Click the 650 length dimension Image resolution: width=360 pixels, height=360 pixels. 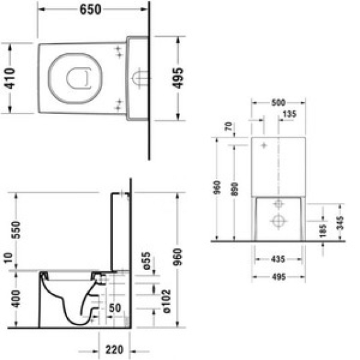point(90,10)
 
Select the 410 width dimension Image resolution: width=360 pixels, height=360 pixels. point(10,79)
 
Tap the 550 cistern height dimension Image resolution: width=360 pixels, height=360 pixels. point(16,230)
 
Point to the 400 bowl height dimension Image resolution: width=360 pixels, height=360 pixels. point(16,299)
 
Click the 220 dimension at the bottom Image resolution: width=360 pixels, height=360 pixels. point(114,350)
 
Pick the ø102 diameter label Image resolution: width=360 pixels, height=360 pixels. point(166,301)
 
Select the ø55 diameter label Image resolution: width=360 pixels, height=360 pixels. point(146,260)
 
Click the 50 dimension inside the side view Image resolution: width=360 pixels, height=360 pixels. point(115,308)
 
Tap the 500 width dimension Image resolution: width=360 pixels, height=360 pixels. point(278,103)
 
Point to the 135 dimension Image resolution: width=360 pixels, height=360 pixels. point(290,114)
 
